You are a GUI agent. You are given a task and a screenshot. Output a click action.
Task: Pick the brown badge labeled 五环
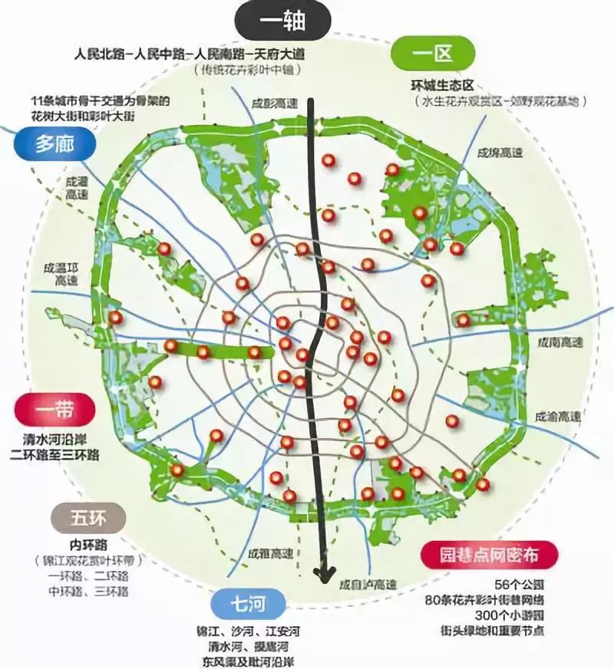coord(87,519)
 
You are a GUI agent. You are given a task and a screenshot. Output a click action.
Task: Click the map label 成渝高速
coord(559,416)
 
